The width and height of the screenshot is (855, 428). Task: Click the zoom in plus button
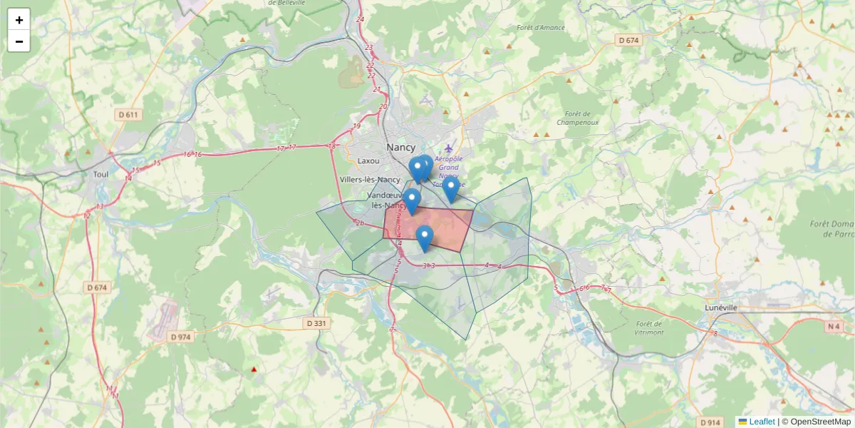click(x=19, y=20)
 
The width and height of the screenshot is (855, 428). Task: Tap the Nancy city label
click(x=400, y=147)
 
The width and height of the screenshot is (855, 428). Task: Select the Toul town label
click(x=100, y=174)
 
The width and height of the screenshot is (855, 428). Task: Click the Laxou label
click(x=369, y=161)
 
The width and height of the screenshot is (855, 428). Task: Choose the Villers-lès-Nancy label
click(x=370, y=180)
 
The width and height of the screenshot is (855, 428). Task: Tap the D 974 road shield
click(x=181, y=337)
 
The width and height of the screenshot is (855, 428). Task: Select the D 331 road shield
click(x=316, y=323)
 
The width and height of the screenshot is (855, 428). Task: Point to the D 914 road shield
click(x=710, y=422)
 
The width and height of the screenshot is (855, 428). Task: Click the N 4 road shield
click(x=834, y=327)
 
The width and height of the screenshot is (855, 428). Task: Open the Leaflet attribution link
click(x=762, y=422)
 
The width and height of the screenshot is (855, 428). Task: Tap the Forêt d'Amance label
click(x=541, y=28)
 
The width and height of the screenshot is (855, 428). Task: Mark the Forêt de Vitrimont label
click(x=649, y=327)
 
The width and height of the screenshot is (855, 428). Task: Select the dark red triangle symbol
click(x=254, y=370)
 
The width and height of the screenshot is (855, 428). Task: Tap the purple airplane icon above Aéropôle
click(x=448, y=148)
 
